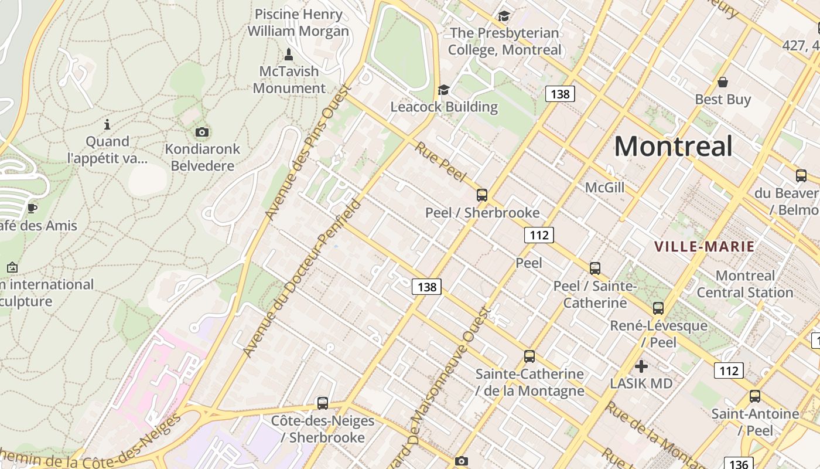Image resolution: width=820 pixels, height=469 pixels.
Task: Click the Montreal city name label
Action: [x=673, y=146]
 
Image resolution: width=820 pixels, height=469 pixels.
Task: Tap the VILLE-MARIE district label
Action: [x=704, y=246]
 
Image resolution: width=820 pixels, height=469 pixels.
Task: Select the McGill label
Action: [x=604, y=188]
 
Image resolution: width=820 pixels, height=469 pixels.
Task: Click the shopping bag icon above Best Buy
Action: [x=723, y=82]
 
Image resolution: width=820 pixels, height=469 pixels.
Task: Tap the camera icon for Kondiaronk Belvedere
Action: [x=202, y=132]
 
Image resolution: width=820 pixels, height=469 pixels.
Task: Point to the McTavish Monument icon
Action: [x=288, y=55]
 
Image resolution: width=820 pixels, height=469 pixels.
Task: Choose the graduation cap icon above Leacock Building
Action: [x=443, y=90]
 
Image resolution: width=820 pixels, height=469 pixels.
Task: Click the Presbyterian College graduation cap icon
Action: [x=503, y=16]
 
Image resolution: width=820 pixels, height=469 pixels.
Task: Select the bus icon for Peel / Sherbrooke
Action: [x=482, y=195]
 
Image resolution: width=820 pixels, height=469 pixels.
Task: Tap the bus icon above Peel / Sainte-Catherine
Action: [x=595, y=269]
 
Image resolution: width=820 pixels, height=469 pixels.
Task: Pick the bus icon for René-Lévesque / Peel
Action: [x=658, y=308]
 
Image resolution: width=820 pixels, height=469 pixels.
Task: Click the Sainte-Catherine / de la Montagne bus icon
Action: [x=529, y=356]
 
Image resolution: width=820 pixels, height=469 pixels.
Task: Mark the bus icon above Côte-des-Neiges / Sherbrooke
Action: [x=322, y=403]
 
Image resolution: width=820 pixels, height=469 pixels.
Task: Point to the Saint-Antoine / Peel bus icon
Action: [x=755, y=396]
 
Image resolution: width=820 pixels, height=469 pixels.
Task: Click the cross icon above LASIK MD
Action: [x=641, y=366]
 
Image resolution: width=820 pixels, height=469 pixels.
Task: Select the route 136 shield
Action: [x=739, y=464]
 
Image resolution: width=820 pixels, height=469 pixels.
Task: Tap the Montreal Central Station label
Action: [x=744, y=284]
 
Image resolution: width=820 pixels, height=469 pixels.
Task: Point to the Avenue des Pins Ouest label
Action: [x=307, y=153]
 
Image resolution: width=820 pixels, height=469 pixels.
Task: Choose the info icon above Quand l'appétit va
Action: [x=107, y=124]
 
